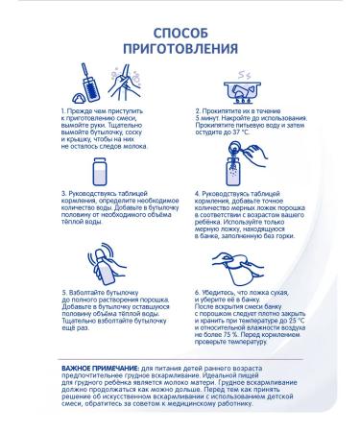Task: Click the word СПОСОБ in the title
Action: tap(180, 33)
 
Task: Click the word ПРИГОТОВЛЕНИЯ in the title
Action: tap(180, 49)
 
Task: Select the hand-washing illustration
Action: tap(125, 82)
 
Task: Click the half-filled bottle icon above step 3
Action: tap(99, 171)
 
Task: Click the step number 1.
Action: tap(63, 111)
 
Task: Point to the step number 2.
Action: tap(198, 111)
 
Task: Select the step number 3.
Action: tap(63, 194)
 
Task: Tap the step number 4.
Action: tap(198, 194)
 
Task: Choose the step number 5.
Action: tap(64, 293)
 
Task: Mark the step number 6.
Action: tap(198, 293)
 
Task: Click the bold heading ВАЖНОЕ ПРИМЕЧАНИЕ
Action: tap(101, 369)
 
